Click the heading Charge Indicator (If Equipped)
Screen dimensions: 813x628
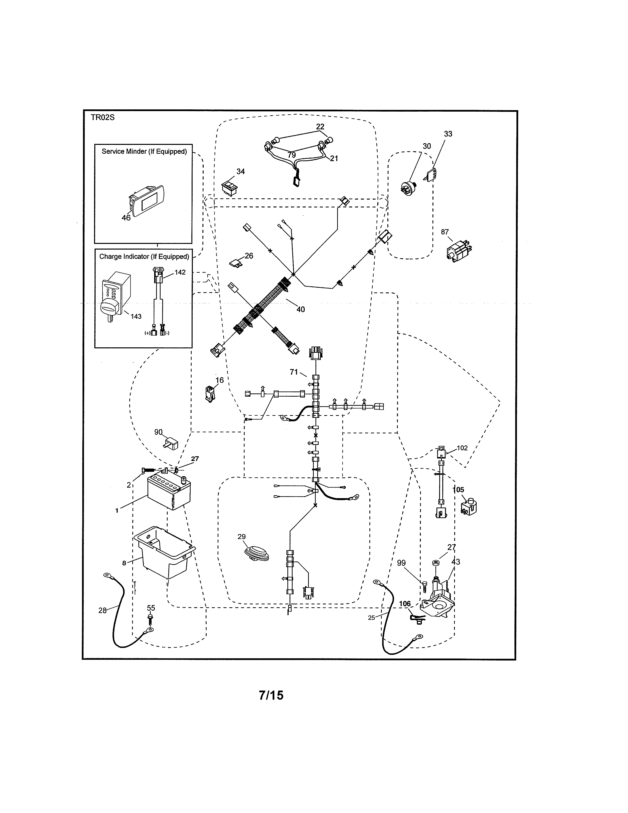tap(144, 256)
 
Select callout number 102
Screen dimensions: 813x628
tap(462, 448)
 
